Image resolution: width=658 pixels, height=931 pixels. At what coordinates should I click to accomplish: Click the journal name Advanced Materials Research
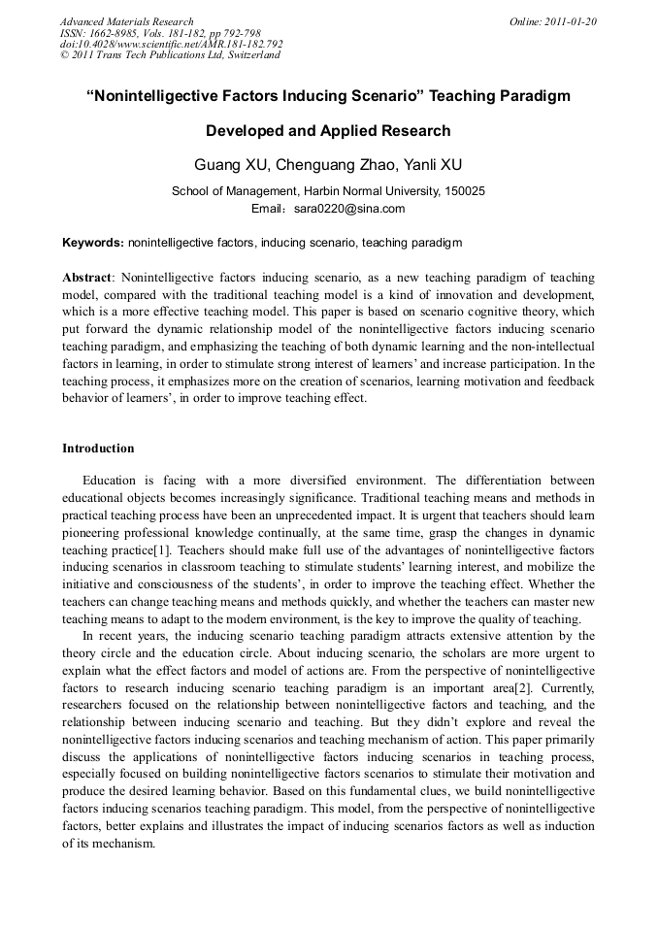point(126,21)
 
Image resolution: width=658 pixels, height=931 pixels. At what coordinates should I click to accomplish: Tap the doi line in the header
point(171,44)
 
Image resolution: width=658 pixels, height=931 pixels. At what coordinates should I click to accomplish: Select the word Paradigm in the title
point(534,96)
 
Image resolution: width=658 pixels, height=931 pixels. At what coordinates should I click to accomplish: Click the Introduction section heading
point(98,449)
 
